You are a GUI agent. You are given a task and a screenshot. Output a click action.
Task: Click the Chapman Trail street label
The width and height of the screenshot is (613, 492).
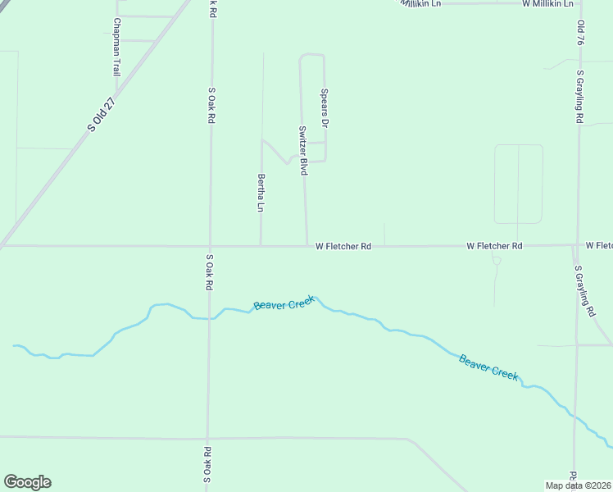pyautogui.click(x=117, y=48)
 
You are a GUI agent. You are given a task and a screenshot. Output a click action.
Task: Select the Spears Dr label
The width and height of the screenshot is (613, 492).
pyautogui.click(x=325, y=108)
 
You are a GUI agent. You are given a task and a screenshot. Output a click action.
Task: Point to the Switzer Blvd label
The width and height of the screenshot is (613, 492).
pyautogui.click(x=302, y=150)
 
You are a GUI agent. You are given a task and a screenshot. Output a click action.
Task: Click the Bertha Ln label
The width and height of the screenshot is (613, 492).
pyautogui.click(x=261, y=193)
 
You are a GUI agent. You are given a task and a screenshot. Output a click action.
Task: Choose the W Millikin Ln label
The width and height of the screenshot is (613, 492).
pyautogui.click(x=550, y=4)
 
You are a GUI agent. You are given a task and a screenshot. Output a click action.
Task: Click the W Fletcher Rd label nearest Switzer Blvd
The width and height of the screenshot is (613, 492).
pyautogui.click(x=343, y=246)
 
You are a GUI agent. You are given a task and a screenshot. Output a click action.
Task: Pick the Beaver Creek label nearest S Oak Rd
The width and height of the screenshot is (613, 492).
pyautogui.click(x=284, y=303)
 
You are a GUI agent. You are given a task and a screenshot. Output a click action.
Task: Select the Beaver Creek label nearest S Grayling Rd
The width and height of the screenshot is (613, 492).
pyautogui.click(x=488, y=366)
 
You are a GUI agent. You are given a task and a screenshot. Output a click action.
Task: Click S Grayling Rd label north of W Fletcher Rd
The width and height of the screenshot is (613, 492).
pyautogui.click(x=579, y=97)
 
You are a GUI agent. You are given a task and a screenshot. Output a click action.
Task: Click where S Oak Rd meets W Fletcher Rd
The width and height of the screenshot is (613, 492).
pyautogui.click(x=210, y=246)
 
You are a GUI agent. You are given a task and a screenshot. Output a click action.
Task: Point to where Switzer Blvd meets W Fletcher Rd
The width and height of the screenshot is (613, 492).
pyautogui.click(x=307, y=245)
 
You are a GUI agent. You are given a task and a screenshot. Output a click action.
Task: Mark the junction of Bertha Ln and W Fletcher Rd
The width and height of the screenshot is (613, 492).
pyautogui.click(x=261, y=245)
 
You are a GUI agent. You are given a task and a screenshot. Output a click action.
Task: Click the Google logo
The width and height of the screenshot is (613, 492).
pyautogui.click(x=27, y=482)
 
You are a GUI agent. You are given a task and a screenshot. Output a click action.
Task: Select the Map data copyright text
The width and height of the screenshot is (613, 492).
pyautogui.click(x=579, y=485)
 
